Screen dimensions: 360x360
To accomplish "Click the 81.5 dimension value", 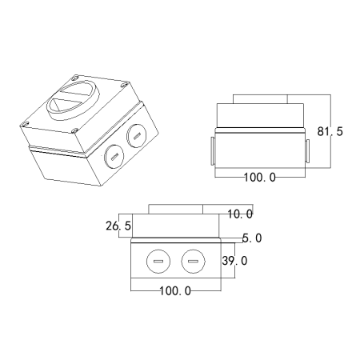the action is [x=330, y=131].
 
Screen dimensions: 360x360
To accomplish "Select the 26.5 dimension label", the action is [x=118, y=226].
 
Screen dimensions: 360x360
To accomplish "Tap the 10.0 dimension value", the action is [x=240, y=214].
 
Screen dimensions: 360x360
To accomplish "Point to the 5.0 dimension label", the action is [x=252, y=238].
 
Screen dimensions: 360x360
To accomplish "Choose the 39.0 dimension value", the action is [x=234, y=261].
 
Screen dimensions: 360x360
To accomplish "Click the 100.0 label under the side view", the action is [x=260, y=178].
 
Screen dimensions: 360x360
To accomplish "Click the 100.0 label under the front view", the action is [x=175, y=291].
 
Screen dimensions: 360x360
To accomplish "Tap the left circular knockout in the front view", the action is [x=158, y=262].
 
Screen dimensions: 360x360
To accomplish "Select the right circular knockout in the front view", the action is [x=194, y=262].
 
